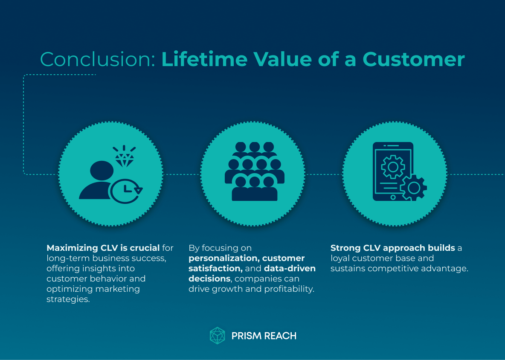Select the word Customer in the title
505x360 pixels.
414,60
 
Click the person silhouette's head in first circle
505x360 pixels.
102,170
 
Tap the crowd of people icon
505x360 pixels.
254,171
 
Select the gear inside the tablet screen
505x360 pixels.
392,167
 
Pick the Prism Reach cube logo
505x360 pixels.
217,335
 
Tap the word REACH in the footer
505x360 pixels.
280,336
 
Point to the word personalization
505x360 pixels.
223,258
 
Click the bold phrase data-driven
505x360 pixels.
290,268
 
